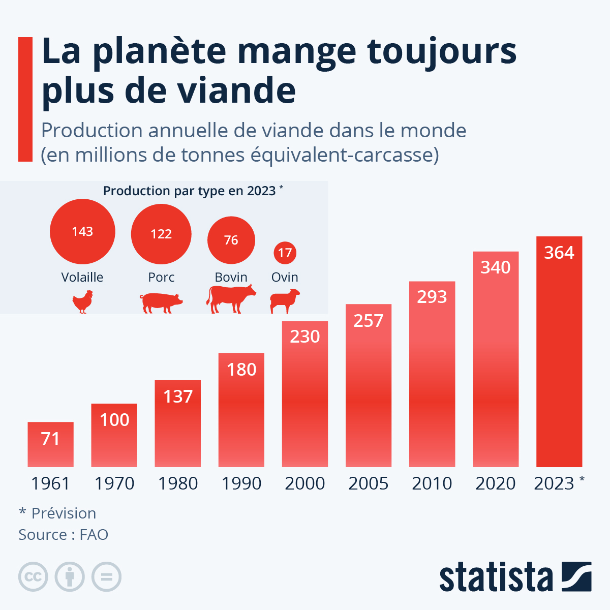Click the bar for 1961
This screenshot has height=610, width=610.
pos(50,444)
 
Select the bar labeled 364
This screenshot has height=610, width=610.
pos(559,351)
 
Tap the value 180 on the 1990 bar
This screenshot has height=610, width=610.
pos(241,370)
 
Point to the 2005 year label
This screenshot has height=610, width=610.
pos(369,483)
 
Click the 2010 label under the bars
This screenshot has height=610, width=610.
pos(432,483)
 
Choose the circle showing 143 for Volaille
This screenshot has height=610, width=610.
pos(82,232)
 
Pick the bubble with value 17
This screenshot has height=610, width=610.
pos(285,253)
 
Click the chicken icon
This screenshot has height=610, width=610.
pos(82,301)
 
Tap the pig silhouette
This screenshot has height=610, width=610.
pos(161,303)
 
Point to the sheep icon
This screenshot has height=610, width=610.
pos(285,301)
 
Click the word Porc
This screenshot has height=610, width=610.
pos(161,278)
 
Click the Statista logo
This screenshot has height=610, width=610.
pos(515,577)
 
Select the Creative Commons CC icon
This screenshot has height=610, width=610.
pos(33,577)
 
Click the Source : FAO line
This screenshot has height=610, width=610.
pos(63,535)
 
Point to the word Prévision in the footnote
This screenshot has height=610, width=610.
pos(64,513)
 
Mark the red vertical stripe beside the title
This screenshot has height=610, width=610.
pos(25,99)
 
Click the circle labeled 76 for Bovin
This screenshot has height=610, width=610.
pos(231,240)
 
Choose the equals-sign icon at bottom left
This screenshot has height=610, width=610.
pos(107,577)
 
